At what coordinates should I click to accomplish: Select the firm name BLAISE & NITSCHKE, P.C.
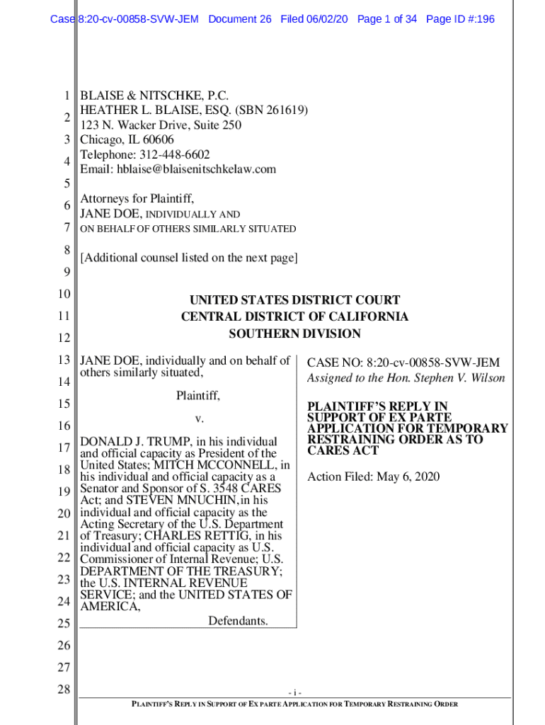(x=154, y=96)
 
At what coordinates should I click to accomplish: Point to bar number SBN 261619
(x=272, y=110)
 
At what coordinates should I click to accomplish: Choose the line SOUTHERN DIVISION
(x=294, y=334)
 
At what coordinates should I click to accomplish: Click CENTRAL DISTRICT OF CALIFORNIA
(x=294, y=317)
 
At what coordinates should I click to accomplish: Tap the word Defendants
(x=238, y=622)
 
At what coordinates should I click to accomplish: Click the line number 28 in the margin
(x=63, y=689)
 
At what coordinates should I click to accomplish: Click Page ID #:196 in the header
(x=460, y=19)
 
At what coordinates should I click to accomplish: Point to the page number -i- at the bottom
(x=295, y=692)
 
